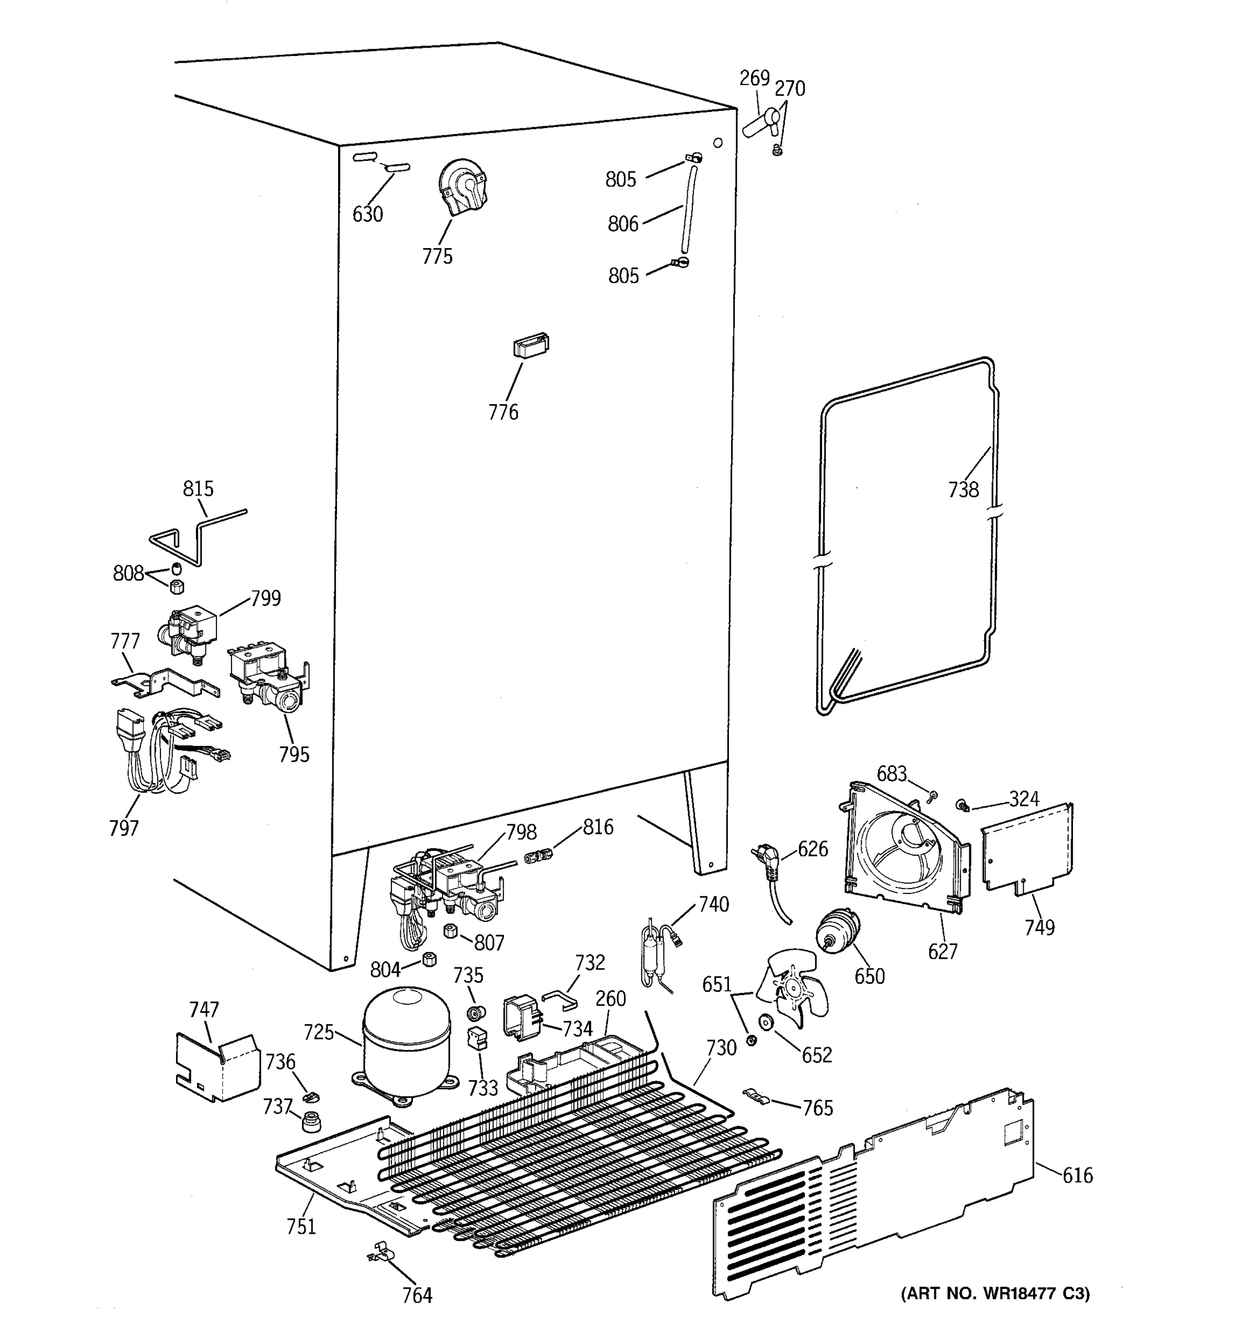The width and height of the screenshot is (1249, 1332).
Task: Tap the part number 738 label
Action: click(x=963, y=490)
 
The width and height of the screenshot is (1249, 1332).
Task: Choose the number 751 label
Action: click(x=301, y=1227)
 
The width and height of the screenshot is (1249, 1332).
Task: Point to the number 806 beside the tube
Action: click(x=622, y=224)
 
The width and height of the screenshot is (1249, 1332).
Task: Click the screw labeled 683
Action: click(x=931, y=796)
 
